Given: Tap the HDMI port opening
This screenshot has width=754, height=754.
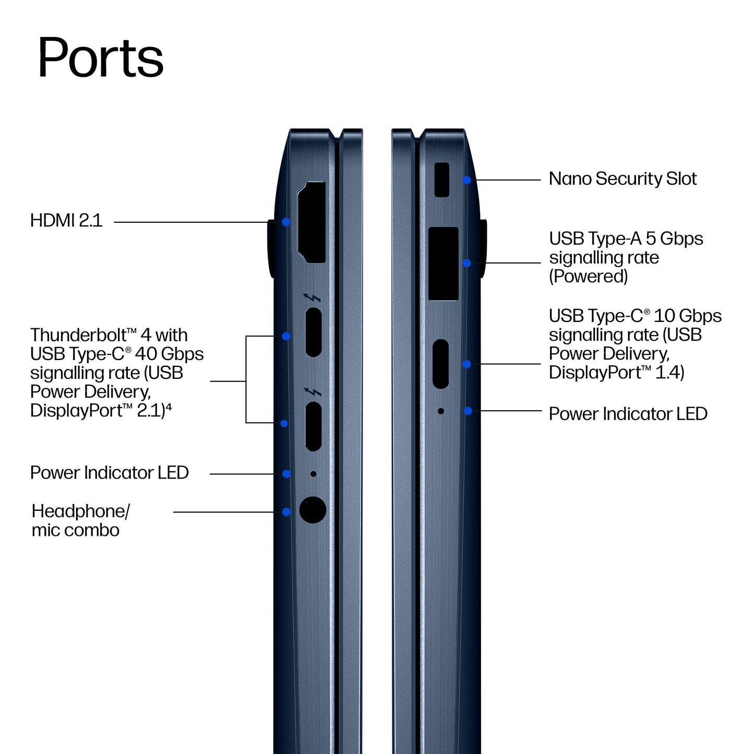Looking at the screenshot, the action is point(312,222).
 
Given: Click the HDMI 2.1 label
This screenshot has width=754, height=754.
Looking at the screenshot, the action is point(66,220).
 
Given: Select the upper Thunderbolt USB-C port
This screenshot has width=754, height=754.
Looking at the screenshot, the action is point(314,332).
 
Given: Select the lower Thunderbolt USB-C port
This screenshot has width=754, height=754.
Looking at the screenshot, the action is point(314,426).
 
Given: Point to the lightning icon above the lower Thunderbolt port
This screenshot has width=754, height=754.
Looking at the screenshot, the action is point(312,392).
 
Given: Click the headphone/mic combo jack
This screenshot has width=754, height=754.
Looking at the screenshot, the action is point(313,510).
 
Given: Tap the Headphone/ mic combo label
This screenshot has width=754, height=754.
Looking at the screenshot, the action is point(80,520).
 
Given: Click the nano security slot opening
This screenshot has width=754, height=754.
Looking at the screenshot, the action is point(442,180).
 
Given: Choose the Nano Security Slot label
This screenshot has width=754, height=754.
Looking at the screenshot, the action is point(623,179).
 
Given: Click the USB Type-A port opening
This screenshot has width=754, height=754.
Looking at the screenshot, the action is point(444,264).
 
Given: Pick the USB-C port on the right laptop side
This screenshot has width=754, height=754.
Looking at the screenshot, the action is point(441,364).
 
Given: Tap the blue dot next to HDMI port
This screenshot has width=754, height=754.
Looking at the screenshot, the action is point(286,222).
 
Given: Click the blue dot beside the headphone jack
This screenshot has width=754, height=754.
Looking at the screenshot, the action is point(286,512).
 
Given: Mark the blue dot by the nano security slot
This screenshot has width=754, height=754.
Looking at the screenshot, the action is point(466,181).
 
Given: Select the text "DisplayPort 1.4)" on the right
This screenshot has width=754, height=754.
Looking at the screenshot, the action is point(616,373).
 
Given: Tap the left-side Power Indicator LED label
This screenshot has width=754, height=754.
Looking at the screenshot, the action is point(110,473).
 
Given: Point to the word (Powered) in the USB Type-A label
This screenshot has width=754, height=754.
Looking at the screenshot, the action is point(589,277).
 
